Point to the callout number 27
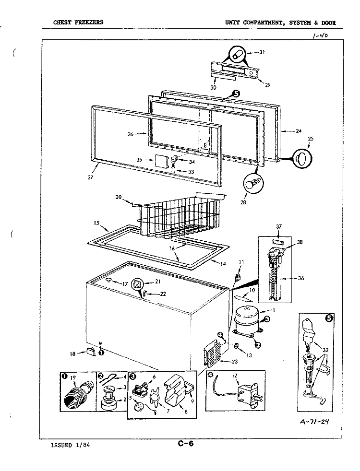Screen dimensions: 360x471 click(91, 177)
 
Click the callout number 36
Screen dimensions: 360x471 click(301, 278)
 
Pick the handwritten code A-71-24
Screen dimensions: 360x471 click(314, 422)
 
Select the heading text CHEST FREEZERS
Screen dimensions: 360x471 click(78, 22)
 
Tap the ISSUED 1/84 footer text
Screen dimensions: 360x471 click(70, 445)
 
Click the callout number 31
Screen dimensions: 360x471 click(262, 52)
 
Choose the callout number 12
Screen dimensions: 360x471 click(235, 376)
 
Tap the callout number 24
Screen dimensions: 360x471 click(299, 131)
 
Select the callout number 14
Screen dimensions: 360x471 click(223, 264)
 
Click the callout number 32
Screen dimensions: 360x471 click(326, 350)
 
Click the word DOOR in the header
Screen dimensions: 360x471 click(328, 23)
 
